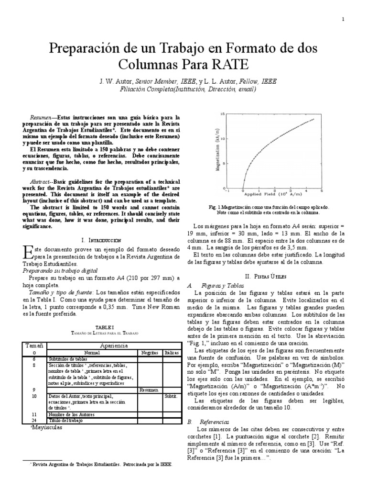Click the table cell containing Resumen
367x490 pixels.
pyautogui.click(x=150, y=390)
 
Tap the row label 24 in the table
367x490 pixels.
pyautogui.click(x=34, y=420)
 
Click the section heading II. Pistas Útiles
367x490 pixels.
pyautogui.click(x=268, y=277)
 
